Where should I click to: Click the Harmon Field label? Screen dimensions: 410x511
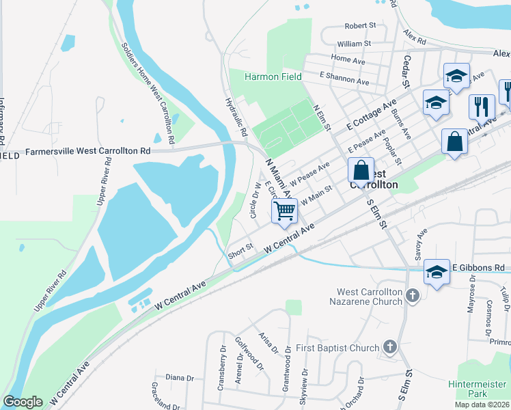point(274,77)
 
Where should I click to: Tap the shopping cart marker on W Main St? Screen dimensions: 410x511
point(285,211)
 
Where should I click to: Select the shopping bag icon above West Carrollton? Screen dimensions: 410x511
point(361,169)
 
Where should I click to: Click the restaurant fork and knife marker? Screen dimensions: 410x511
point(482,107)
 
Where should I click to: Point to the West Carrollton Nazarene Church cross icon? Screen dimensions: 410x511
point(412,295)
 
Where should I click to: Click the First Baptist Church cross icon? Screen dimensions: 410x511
point(389,347)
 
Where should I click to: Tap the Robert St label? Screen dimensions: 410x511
point(361,25)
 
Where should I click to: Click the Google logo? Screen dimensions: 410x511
point(23,402)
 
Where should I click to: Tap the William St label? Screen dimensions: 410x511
point(354,43)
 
